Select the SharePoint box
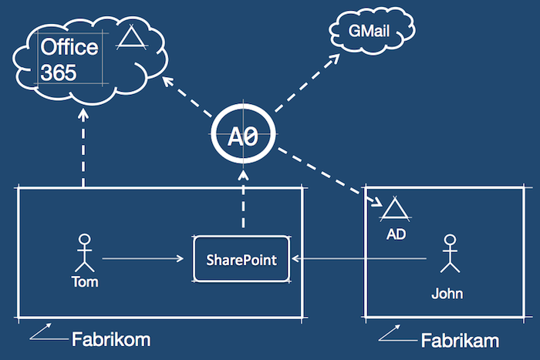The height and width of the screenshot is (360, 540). coord(245,259)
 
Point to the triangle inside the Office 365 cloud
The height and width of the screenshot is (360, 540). coord(130,39)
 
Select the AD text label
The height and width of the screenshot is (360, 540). coord(396,232)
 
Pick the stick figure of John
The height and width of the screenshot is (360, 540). coord(448,254)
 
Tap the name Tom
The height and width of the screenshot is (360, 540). coord(85,281)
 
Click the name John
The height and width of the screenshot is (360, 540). coord(447,293)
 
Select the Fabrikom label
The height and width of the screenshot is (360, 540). coord(110,339)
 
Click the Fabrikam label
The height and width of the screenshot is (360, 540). coord(460,340)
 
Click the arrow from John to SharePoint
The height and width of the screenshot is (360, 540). coord(363,259)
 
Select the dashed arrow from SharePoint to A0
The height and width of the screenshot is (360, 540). coord(245,200)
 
